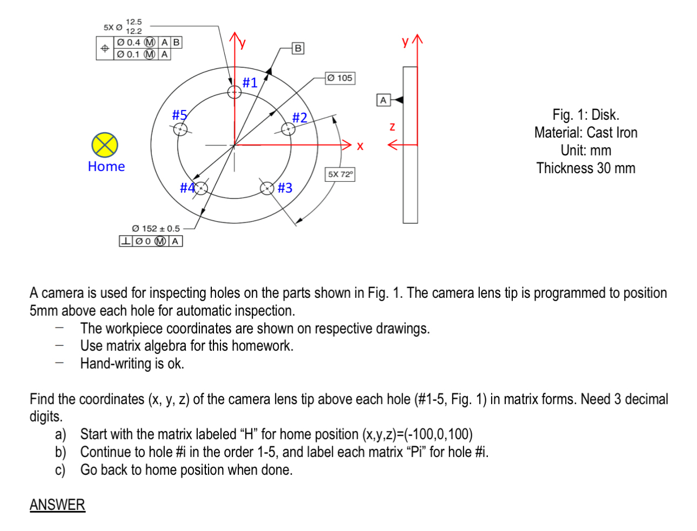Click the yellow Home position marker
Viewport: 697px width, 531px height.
click(104, 145)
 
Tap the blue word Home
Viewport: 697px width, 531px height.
click(106, 167)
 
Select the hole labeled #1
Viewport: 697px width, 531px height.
click(234, 92)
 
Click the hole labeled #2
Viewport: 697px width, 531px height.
click(288, 129)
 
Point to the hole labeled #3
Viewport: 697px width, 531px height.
click(267, 188)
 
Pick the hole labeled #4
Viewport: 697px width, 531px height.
click(201, 188)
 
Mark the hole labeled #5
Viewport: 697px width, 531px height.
click(180, 129)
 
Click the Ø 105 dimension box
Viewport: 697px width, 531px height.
click(340, 78)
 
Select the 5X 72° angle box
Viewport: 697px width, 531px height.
click(340, 174)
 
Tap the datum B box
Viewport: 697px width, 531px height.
click(298, 48)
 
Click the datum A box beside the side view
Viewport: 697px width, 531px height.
click(383, 100)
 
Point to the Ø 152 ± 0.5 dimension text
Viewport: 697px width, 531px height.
click(156, 229)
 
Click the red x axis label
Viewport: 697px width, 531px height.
click(360, 146)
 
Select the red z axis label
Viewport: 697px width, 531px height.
click(392, 127)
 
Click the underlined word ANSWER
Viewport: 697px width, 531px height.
click(57, 505)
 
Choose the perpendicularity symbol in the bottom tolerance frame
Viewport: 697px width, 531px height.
click(125, 241)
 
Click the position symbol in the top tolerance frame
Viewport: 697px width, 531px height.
click(105, 49)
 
